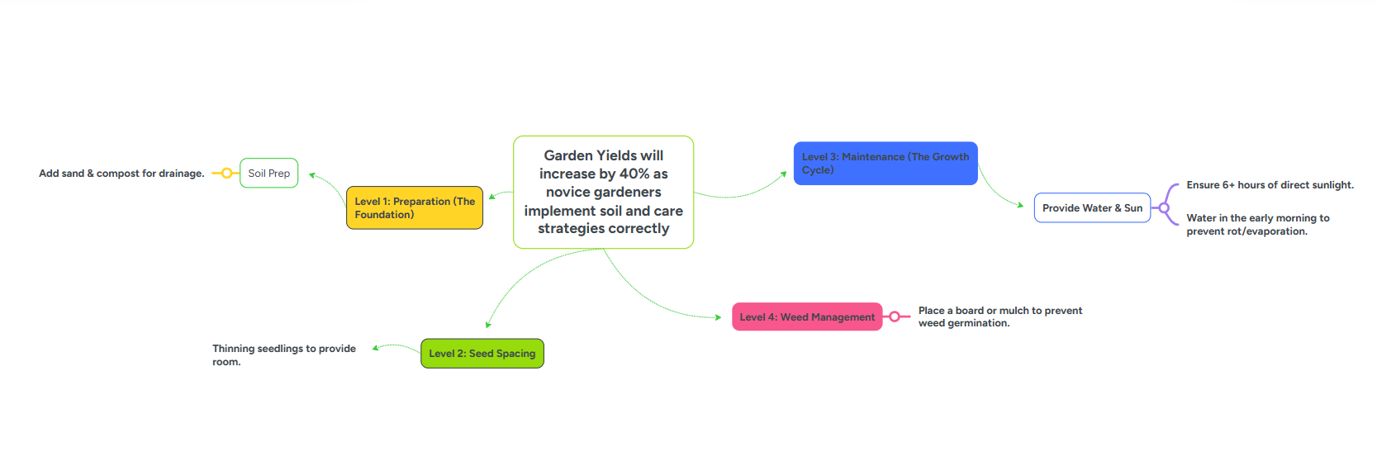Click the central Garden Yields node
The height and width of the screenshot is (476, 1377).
click(x=603, y=192)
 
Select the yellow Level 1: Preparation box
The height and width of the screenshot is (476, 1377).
click(x=414, y=207)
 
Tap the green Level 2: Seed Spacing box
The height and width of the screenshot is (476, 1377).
click(x=482, y=354)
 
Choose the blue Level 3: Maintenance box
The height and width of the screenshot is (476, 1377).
click(x=885, y=164)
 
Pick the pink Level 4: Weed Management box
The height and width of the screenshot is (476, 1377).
click(x=806, y=317)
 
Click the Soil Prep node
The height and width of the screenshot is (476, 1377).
click(x=268, y=174)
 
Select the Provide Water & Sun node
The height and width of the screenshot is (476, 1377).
click(x=1091, y=208)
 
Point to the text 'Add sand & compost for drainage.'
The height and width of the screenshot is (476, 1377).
click(x=121, y=174)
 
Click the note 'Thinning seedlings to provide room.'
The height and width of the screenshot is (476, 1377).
click(x=283, y=355)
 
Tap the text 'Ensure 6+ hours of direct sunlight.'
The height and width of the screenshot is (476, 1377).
click(x=1270, y=185)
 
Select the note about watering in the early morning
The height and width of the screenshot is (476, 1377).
click(x=1257, y=225)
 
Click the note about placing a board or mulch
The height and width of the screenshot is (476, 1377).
click(x=1000, y=317)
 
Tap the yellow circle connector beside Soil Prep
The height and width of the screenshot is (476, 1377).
click(x=226, y=174)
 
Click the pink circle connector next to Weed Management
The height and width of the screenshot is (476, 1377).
click(x=895, y=317)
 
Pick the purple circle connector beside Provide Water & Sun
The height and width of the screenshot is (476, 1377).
click(x=1164, y=208)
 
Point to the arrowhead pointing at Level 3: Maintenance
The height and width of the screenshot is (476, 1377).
click(x=784, y=174)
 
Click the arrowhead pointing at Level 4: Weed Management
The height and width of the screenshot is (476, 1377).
click(x=719, y=317)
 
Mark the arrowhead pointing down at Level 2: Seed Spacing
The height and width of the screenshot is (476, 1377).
click(x=488, y=325)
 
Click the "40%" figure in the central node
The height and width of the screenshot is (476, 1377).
click(x=634, y=174)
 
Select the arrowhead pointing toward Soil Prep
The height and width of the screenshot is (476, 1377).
click(x=312, y=175)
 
